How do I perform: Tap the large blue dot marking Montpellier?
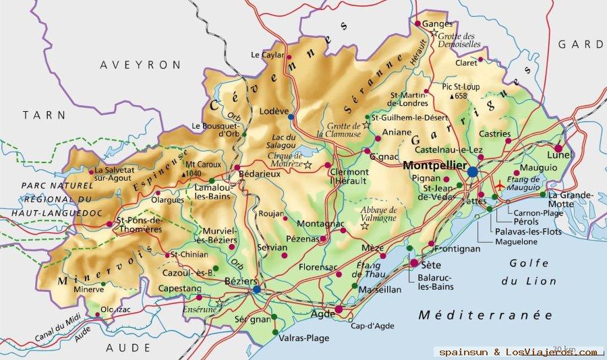[472, 172]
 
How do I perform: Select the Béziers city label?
[241, 280]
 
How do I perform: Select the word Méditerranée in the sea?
[485, 315]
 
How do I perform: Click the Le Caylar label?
[265, 55]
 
